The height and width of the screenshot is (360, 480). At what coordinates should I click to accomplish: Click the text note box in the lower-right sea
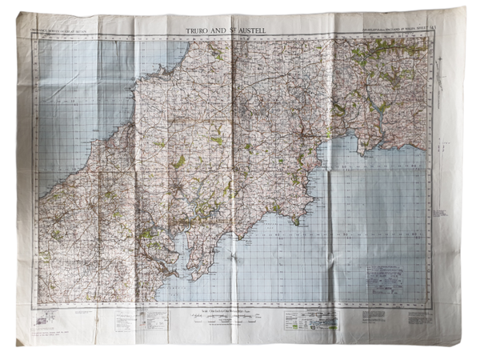[x=386, y=277]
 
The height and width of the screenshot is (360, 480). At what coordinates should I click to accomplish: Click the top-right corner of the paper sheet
[x=462, y=9]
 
